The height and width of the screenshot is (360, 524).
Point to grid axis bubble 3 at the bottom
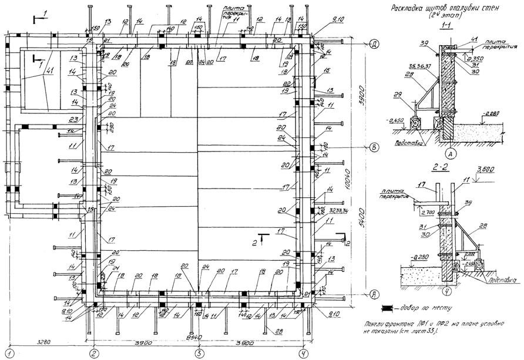click(x=200, y=352)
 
